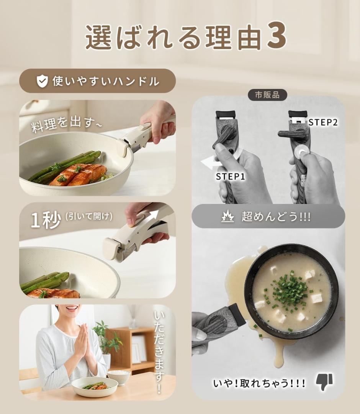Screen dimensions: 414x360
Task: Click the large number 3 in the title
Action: (276, 37)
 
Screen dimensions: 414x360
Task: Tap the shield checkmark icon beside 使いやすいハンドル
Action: (42, 81)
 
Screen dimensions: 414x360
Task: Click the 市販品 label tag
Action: (267, 95)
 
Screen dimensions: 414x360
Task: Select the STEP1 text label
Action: (230, 177)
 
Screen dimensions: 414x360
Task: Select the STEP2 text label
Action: (323, 123)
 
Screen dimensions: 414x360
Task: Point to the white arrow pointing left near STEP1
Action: (211, 164)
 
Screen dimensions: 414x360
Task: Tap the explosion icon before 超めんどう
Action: (227, 217)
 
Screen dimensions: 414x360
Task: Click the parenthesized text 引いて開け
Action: (89, 217)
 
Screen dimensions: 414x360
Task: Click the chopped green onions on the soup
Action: (290, 289)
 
